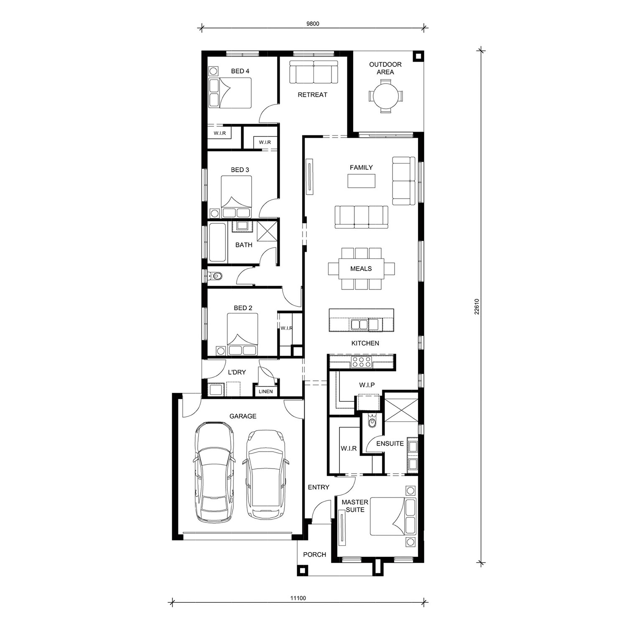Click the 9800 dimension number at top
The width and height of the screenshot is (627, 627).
[x=313, y=24]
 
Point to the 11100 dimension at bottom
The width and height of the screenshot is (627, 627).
[x=298, y=598]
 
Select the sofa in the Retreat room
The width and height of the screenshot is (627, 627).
[x=313, y=72]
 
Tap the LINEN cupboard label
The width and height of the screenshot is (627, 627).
[x=265, y=392]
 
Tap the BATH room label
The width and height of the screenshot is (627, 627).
[x=244, y=245]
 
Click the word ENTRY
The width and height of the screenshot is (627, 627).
[x=319, y=487]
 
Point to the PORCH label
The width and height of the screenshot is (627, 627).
[x=314, y=555]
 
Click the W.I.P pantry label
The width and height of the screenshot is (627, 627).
[x=367, y=385]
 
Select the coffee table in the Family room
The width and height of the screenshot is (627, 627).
[x=362, y=181]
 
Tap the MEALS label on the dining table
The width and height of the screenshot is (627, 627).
[x=361, y=269]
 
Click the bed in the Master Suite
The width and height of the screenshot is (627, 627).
[x=393, y=516]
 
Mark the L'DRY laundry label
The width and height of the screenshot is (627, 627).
[x=237, y=372]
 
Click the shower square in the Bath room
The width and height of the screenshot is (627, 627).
[x=268, y=231]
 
